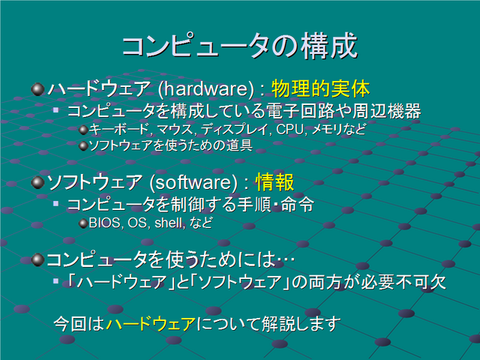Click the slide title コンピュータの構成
click(x=240, y=46)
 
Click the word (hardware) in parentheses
click(x=206, y=89)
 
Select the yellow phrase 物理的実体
click(x=320, y=88)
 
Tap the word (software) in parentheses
click(x=193, y=182)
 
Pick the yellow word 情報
click(x=274, y=182)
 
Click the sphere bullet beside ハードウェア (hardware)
click(x=38, y=89)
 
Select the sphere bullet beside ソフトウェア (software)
click(x=38, y=182)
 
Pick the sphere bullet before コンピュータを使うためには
click(x=38, y=259)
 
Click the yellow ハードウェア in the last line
click(x=151, y=324)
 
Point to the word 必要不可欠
click(x=403, y=282)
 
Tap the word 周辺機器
click(x=387, y=111)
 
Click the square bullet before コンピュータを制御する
click(x=55, y=203)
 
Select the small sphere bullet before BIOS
click(x=83, y=223)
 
